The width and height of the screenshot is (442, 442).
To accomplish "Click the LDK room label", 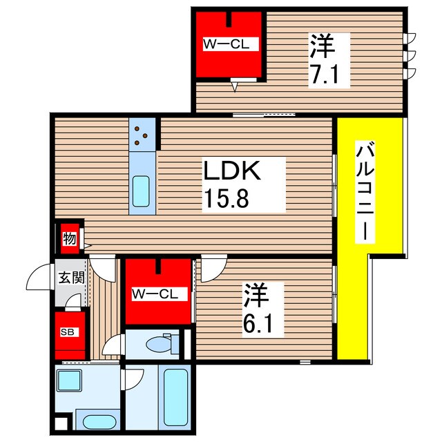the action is pos(232,171).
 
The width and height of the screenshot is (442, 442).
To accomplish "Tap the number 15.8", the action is pos(226,198).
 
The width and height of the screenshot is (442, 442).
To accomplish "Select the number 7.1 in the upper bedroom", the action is pos(324,74).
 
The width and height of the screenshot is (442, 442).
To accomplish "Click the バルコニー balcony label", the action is pos(365,191).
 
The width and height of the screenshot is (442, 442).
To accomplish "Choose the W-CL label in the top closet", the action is pos(227,44).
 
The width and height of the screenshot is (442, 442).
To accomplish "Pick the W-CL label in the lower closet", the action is pos(155,294).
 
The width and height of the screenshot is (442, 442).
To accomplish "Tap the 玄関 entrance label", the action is pos(71,278).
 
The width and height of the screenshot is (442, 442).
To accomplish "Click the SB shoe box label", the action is pos(68,332).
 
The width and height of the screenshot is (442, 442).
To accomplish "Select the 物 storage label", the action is pos(70,239).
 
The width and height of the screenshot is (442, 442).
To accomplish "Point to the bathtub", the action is pos(175,398).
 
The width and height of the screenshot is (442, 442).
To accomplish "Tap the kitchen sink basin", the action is pos(141,191).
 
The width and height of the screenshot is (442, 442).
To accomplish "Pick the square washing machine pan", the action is pos(69,381).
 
